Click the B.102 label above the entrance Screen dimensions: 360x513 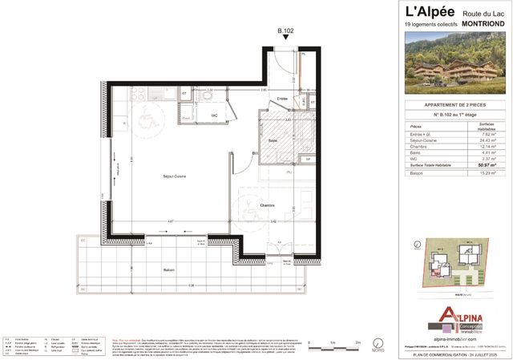[285, 32]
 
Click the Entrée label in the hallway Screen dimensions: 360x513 [260, 99]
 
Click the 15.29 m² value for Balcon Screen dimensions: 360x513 [484, 172]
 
